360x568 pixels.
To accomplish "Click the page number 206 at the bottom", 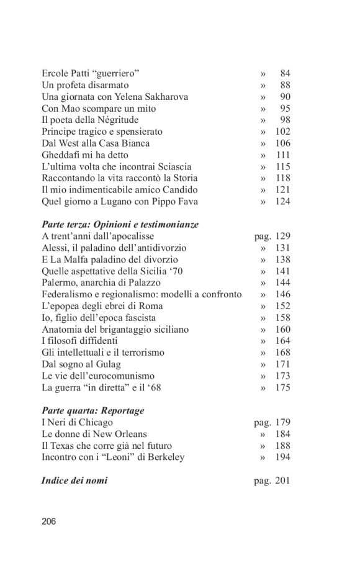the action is (49, 521).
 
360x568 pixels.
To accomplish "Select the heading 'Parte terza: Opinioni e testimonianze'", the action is (124, 225).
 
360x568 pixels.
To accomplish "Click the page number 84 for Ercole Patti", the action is (285, 73).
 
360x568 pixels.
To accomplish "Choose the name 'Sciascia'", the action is (171, 166).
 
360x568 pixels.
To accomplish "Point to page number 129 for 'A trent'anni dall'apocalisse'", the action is (282, 236).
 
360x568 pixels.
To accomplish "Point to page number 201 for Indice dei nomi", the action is (282, 480).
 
